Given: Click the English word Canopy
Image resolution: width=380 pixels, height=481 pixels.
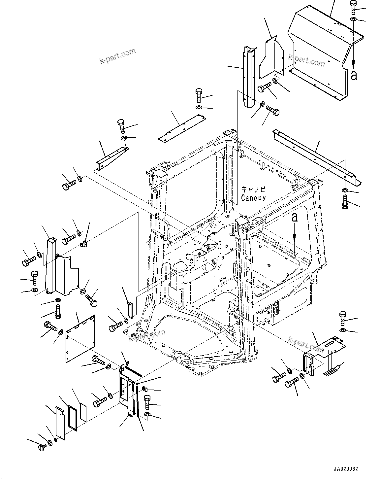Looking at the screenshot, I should (x=253, y=198).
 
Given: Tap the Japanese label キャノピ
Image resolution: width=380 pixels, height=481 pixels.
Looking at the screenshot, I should (x=253, y=189).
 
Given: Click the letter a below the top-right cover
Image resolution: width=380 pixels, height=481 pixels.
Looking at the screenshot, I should (x=354, y=75).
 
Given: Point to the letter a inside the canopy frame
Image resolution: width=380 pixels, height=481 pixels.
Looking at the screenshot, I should (x=295, y=217).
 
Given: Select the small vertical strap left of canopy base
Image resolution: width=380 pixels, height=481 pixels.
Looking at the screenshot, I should (x=130, y=309).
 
